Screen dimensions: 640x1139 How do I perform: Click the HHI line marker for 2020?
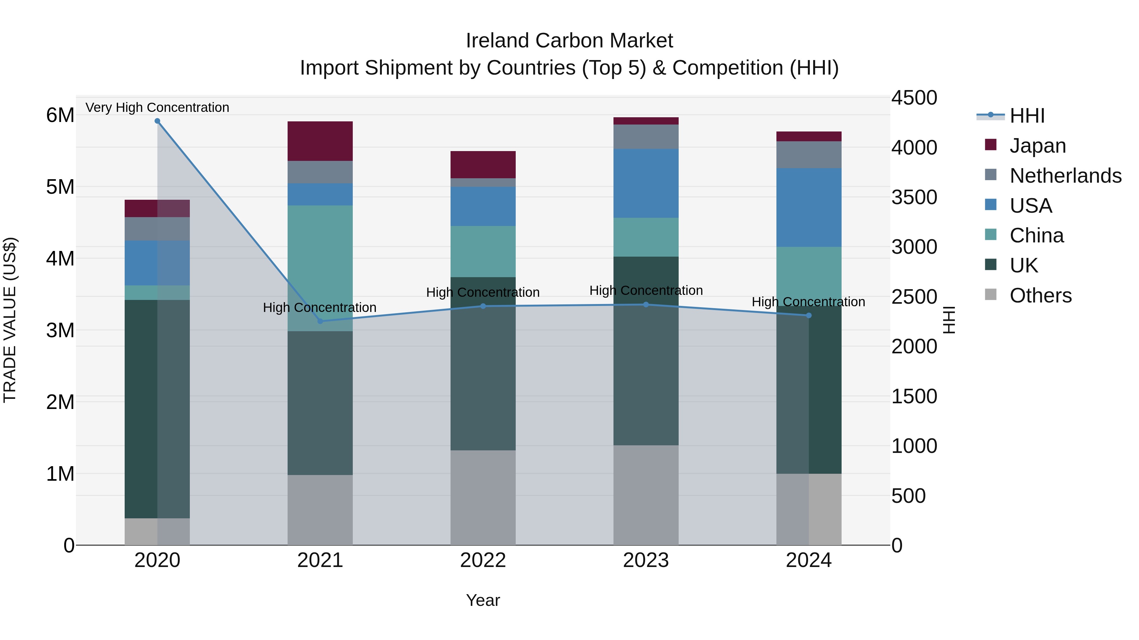(158, 121)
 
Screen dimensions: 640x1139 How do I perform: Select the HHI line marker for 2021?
(320, 321)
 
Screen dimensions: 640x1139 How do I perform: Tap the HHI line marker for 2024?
(809, 315)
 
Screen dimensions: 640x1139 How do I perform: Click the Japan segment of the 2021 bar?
(320, 141)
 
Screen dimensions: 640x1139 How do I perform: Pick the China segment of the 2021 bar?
(320, 268)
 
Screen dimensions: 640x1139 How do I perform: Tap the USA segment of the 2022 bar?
(483, 206)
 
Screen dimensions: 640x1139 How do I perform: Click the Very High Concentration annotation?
(158, 107)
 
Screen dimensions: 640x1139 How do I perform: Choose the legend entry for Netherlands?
(1065, 176)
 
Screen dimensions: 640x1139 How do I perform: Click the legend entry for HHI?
(1027, 116)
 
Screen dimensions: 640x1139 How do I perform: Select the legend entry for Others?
(1040, 296)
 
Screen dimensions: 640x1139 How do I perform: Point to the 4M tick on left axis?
(60, 259)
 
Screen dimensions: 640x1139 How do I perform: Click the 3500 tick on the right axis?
(913, 198)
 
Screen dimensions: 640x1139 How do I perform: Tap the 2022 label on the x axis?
(483, 560)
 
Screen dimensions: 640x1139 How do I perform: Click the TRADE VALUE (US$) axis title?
(10, 320)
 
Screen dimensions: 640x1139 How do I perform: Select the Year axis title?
(483, 600)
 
